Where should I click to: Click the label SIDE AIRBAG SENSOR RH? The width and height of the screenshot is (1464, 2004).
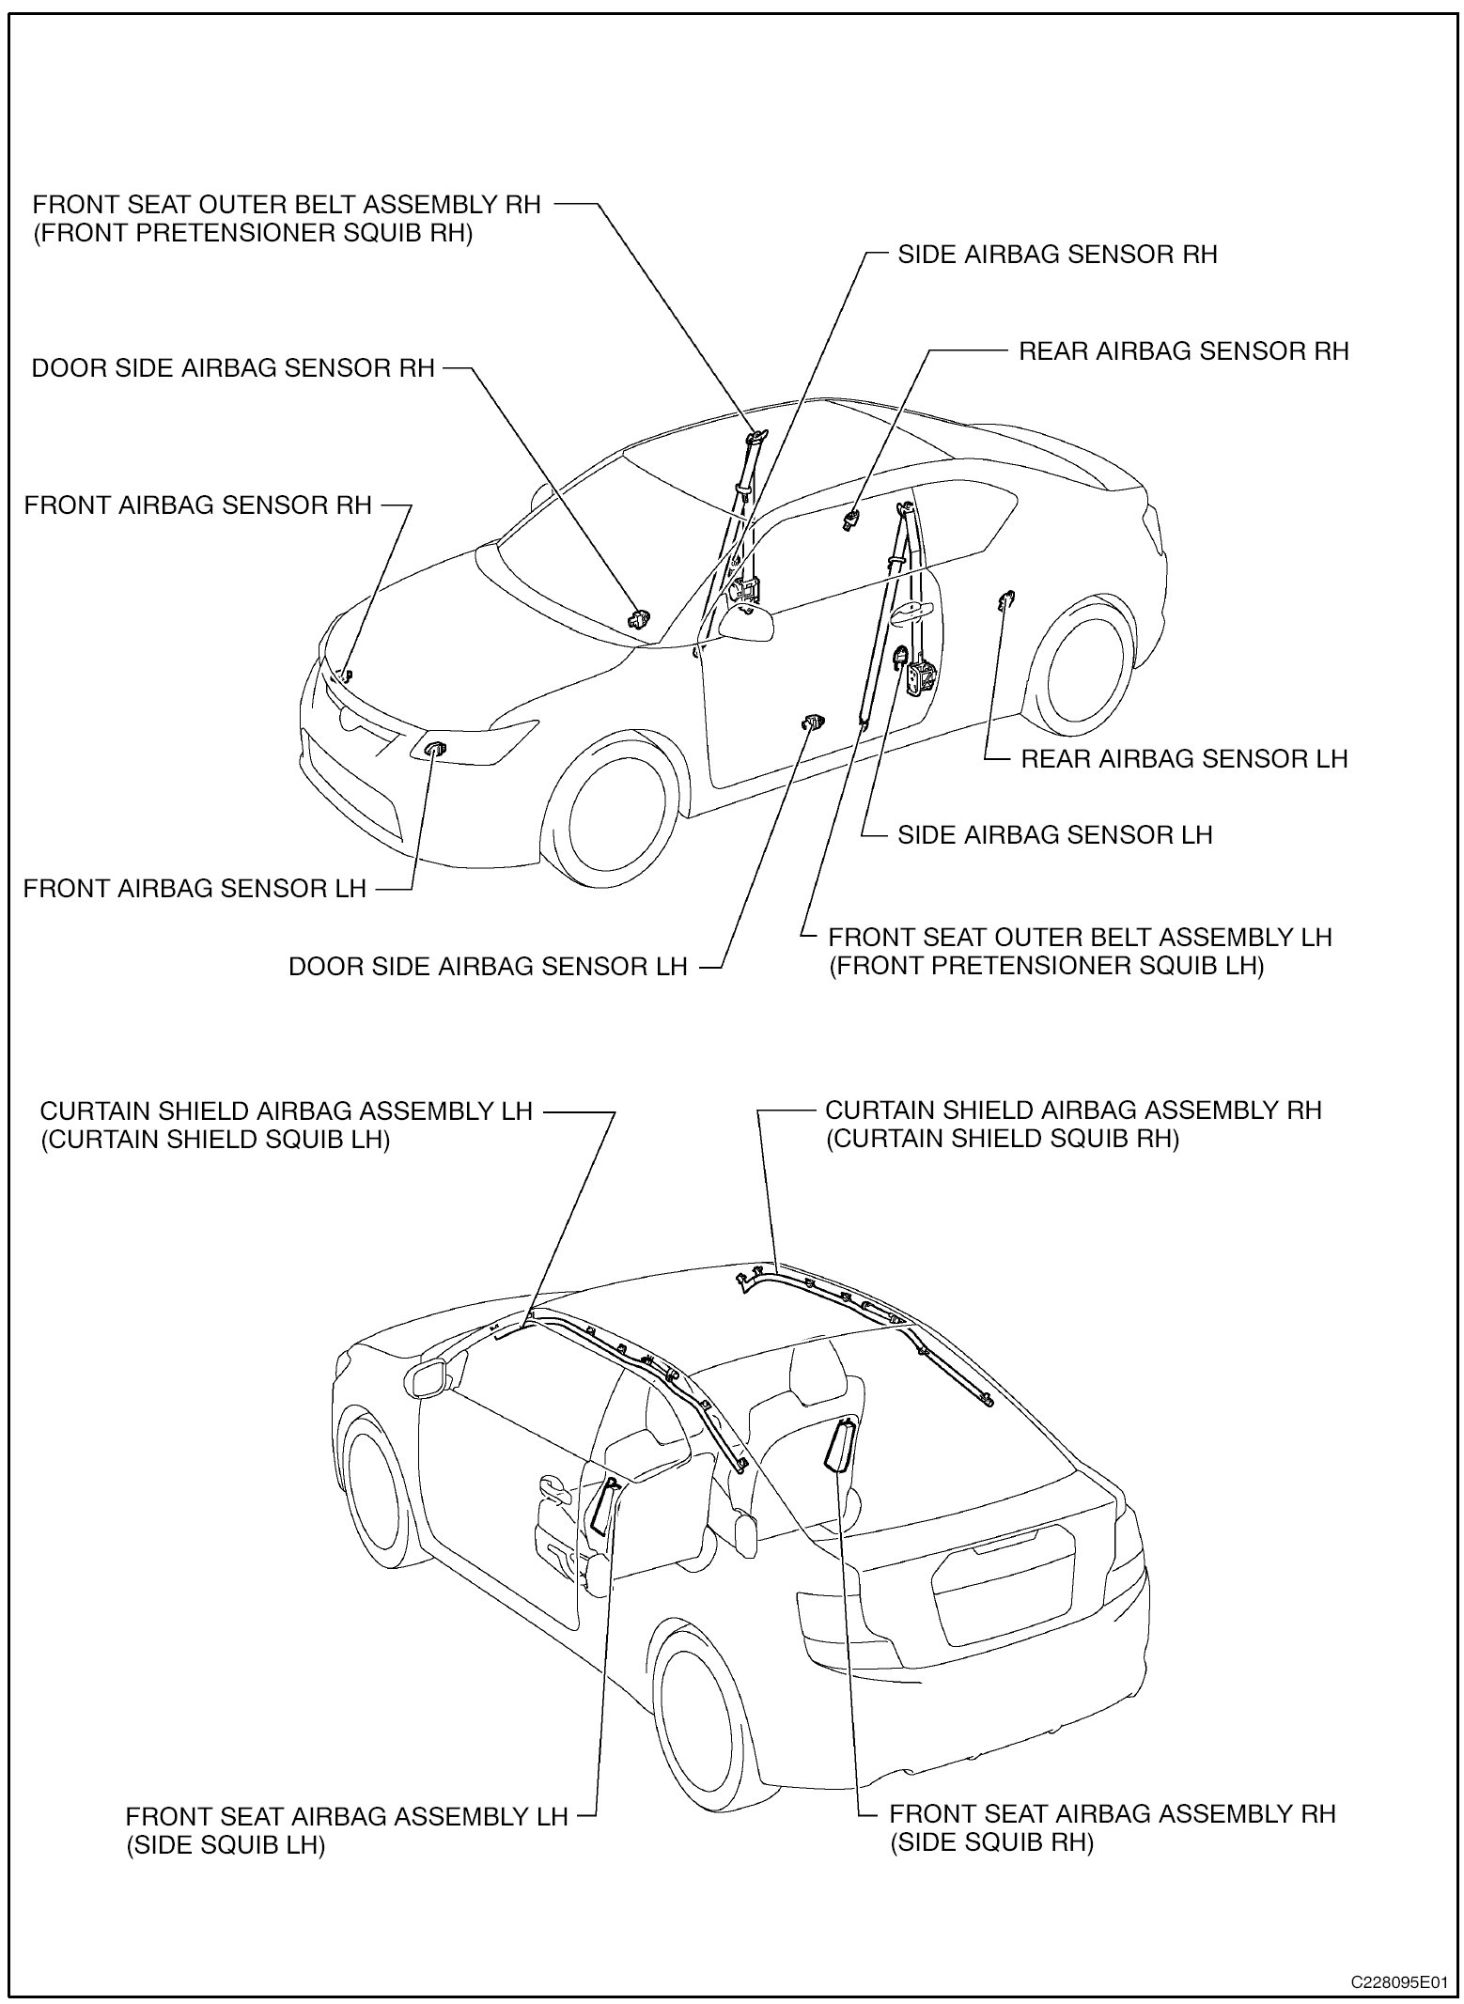click(1057, 255)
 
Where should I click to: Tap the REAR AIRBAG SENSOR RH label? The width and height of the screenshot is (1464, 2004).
click(1183, 351)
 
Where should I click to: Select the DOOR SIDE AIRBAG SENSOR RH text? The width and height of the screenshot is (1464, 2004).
click(233, 368)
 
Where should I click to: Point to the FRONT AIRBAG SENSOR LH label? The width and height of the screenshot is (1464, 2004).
click(195, 888)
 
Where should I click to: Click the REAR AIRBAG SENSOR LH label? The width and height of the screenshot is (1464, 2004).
click(1184, 758)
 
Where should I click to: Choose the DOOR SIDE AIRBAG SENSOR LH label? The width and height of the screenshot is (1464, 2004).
click(488, 966)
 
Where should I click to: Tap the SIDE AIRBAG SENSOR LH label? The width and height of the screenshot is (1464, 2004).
click(1054, 835)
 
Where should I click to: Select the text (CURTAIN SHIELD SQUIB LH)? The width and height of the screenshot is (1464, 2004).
click(214, 1140)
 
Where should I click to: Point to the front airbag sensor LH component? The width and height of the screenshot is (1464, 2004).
click(435, 749)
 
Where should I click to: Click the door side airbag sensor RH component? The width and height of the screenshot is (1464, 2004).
click(639, 618)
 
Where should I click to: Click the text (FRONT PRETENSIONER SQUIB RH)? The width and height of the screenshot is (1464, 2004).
click(253, 234)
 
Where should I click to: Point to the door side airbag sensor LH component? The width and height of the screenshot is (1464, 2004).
click(813, 722)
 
